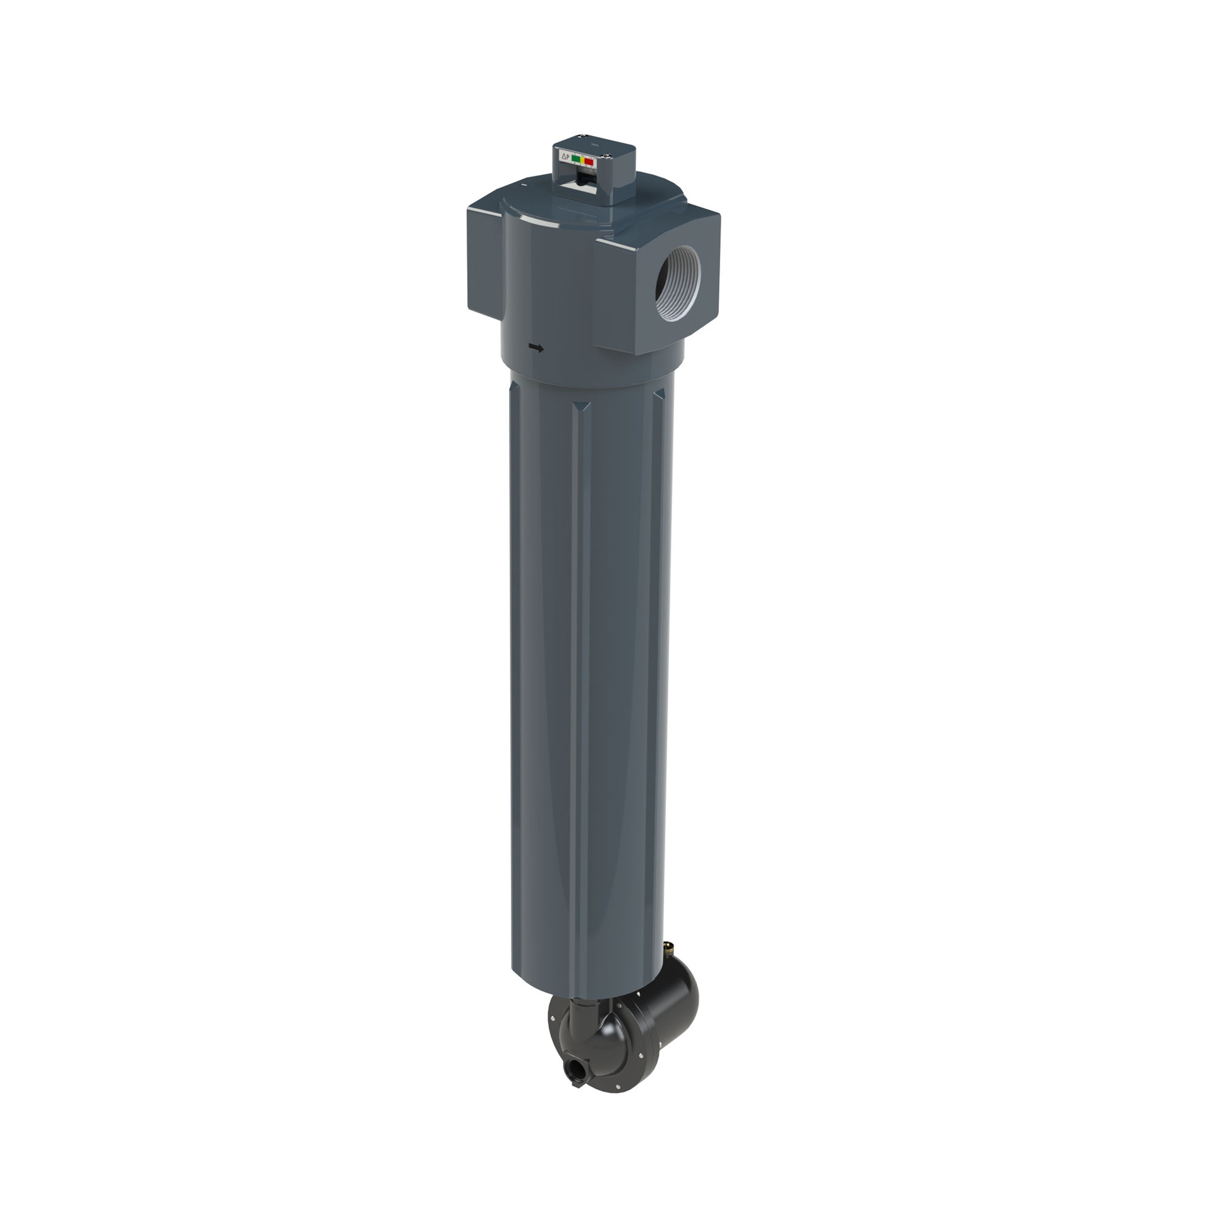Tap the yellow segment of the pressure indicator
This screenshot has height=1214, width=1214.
(582, 161)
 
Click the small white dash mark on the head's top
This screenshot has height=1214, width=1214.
(524, 185)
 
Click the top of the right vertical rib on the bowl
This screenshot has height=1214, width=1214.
(660, 395)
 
